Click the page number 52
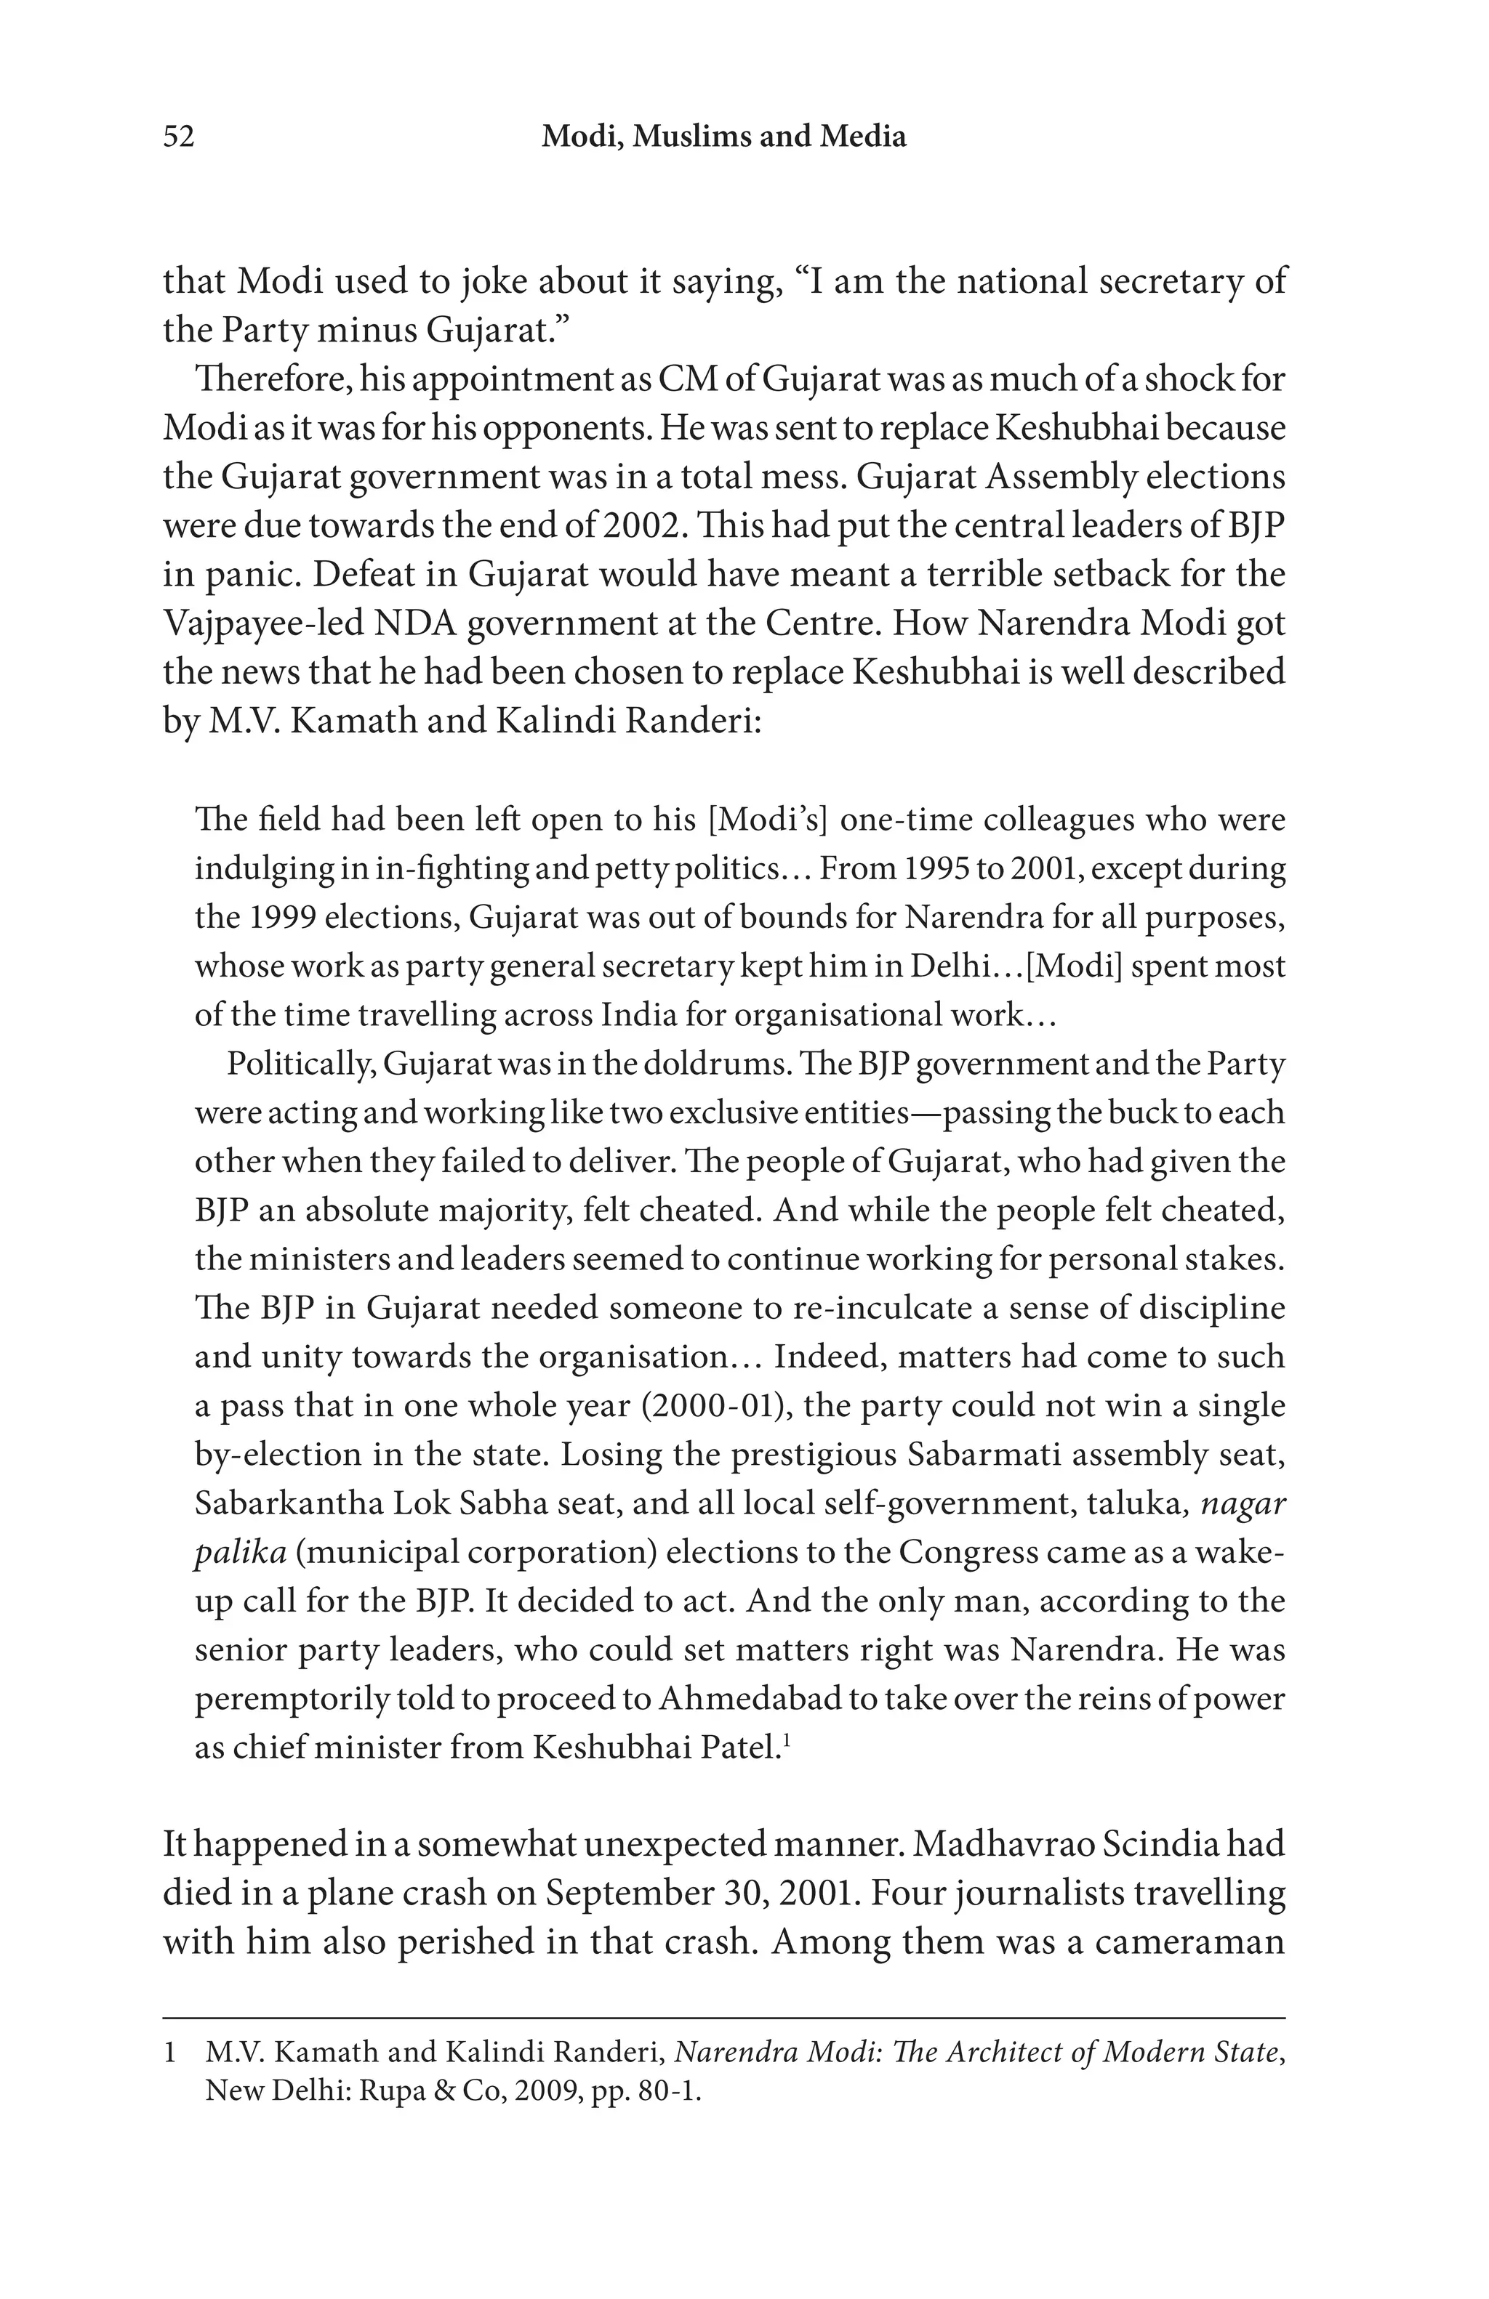point(179,137)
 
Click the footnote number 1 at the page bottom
point(170,2052)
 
